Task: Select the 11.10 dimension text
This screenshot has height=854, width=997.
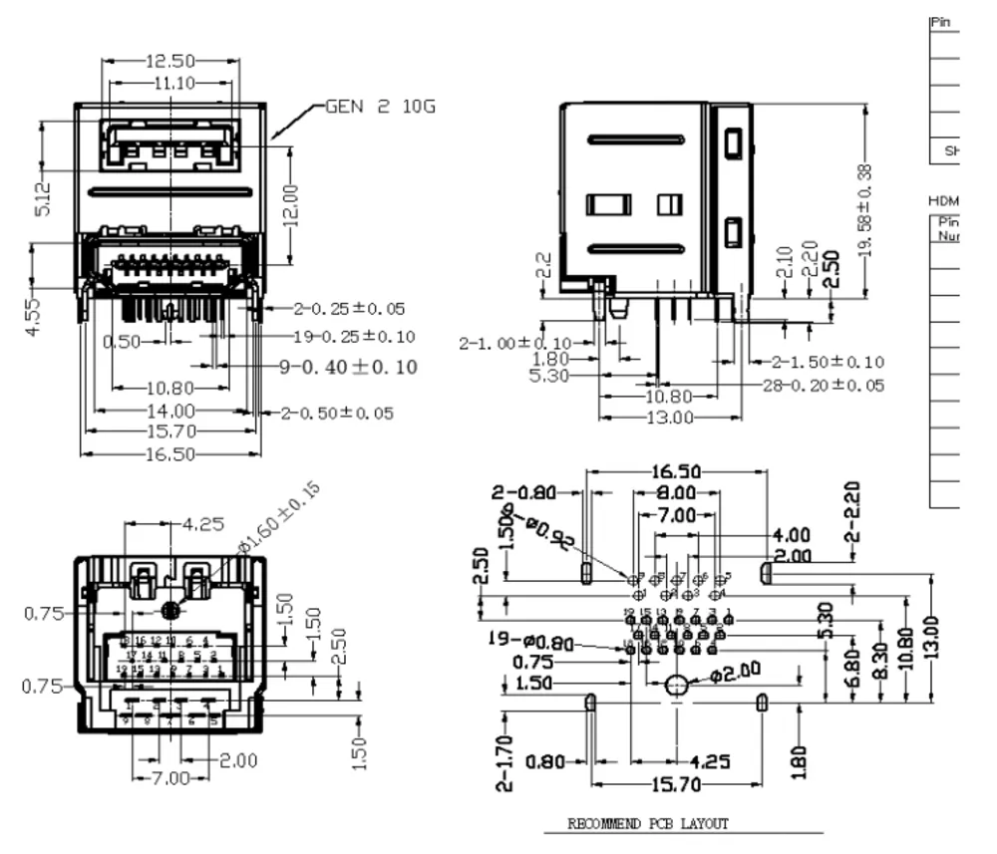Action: [x=172, y=84]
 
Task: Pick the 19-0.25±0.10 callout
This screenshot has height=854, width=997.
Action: [x=354, y=337]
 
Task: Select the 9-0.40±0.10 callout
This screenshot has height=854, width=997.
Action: [x=348, y=367]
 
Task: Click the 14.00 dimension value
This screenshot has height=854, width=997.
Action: [x=171, y=411]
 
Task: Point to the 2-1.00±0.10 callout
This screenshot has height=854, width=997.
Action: [x=515, y=343]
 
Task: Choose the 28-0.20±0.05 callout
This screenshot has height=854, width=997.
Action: [x=823, y=386]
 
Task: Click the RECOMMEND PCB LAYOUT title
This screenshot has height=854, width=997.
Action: [x=648, y=824]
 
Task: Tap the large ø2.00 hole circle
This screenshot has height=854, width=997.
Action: [x=677, y=686]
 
